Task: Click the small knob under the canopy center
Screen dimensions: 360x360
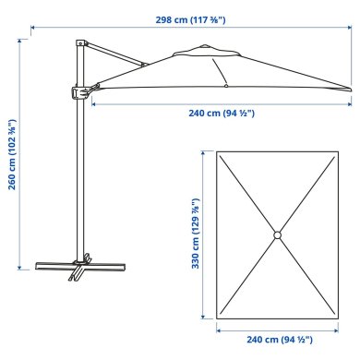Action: (226, 85)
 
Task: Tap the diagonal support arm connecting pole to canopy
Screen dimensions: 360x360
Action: (115, 54)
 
